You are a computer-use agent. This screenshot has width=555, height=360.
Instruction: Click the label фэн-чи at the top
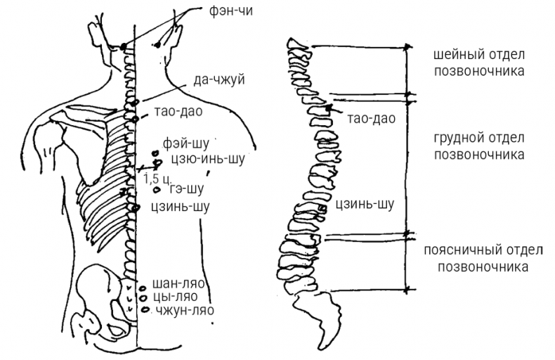(x=230, y=11)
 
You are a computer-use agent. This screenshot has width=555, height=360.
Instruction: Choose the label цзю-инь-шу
(x=204, y=158)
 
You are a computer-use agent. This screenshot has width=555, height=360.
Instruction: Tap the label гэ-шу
(x=187, y=189)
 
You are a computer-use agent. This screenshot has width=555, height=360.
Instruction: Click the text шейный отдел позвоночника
(x=479, y=63)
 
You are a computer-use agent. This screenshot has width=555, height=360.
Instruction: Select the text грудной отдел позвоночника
(x=479, y=145)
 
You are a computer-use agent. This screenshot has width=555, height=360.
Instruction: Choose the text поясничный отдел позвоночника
(x=481, y=259)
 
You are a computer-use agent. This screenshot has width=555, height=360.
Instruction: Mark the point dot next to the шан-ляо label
(x=143, y=287)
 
